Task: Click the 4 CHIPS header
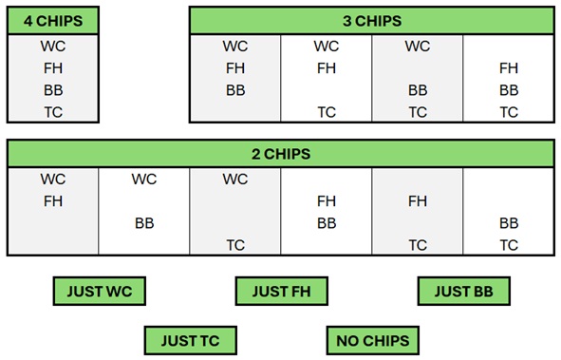52,21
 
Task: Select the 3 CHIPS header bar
371,21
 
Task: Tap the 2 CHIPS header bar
280,154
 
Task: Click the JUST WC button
98,291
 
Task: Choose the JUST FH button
280,291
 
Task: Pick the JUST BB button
463,291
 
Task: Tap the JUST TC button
189,339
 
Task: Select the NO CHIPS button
371,339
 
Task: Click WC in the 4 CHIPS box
52,46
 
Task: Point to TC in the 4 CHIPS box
52,112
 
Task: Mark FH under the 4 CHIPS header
52,67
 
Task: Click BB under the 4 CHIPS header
52,90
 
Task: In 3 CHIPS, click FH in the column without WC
509,67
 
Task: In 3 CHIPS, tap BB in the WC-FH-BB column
234,90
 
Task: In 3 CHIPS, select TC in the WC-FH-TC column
326,112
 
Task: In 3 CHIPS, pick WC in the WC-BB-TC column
417,46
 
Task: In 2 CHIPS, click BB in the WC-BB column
143,223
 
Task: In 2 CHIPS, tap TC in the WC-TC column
234,245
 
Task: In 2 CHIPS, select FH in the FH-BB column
326,200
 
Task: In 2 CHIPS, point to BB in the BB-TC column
509,223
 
